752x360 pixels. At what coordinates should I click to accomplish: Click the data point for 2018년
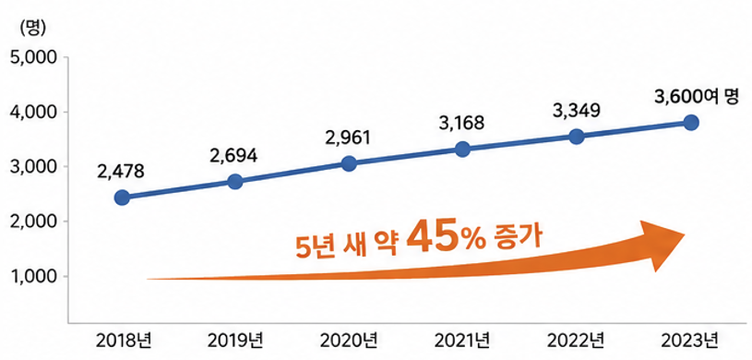(x=123, y=198)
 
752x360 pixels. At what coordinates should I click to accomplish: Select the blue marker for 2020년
(x=349, y=163)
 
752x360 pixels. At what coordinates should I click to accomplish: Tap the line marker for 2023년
(x=691, y=123)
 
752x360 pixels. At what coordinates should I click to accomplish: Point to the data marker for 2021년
(x=462, y=150)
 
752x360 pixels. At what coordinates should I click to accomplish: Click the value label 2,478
(x=120, y=172)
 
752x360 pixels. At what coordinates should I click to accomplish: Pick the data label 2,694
(x=234, y=155)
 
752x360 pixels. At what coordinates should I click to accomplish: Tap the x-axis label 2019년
(x=236, y=342)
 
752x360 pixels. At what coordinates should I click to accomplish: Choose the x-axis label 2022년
(x=576, y=342)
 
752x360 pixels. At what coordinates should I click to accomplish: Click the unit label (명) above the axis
(x=32, y=29)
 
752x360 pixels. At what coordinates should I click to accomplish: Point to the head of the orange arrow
(x=685, y=234)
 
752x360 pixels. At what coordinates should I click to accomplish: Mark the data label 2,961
(x=348, y=138)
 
